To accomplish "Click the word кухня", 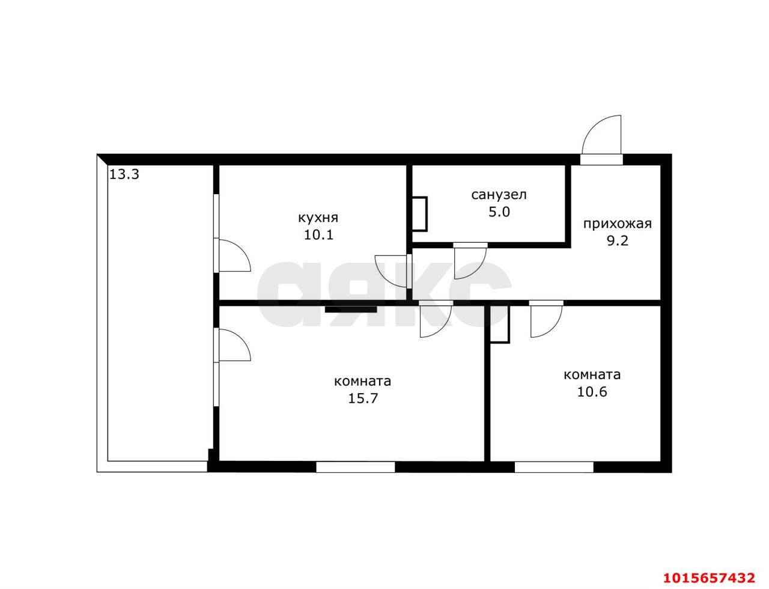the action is (x=318, y=218).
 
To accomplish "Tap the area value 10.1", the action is (x=318, y=234).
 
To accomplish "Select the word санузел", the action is (x=499, y=195).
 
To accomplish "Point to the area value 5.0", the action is (x=499, y=212).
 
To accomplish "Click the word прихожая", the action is (x=617, y=224).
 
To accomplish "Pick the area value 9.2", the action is (x=618, y=240).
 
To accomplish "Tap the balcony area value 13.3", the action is (x=124, y=174).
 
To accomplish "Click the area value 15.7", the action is (x=363, y=398).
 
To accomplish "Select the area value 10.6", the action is (x=592, y=391).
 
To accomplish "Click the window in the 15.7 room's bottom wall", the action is (x=355, y=467).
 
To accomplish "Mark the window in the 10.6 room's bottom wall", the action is (x=554, y=467).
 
